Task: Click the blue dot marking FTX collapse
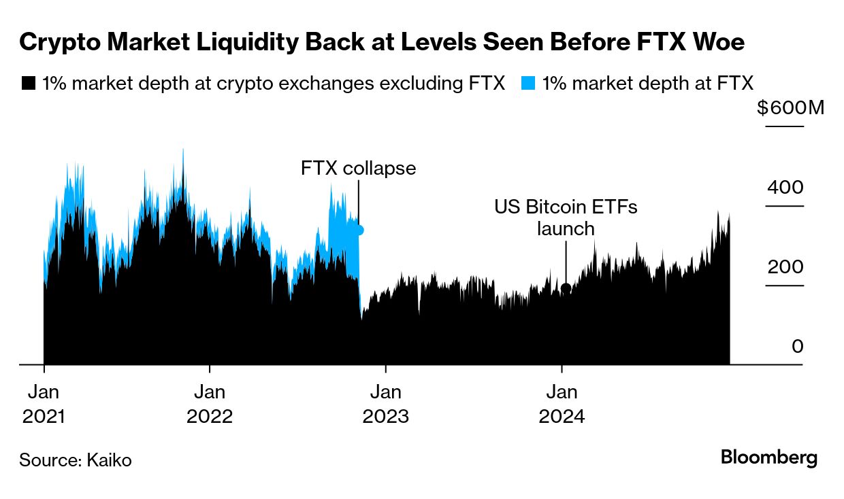point(359,230)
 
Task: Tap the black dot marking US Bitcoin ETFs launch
point(566,288)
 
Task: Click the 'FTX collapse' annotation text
point(358,168)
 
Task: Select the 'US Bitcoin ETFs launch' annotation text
point(566,218)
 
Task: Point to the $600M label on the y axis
point(790,108)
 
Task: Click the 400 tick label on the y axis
point(785,187)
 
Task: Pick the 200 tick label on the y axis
point(785,266)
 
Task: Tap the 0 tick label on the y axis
point(798,346)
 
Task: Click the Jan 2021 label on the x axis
point(44,404)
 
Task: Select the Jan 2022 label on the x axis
point(210,404)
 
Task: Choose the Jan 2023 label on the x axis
point(386,404)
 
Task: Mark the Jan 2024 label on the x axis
point(562,404)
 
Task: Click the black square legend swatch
point(28,84)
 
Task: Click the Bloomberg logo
point(769,458)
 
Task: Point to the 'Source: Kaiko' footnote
point(76,460)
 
